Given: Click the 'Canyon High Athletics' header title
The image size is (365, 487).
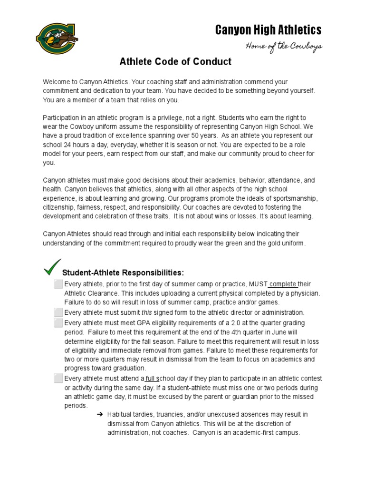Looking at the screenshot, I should (268, 30).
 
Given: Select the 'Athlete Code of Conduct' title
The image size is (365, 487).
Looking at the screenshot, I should (175, 61).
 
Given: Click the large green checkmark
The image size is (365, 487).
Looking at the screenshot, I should (52, 267).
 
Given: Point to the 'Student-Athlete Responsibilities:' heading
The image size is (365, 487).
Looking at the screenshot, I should (123, 273).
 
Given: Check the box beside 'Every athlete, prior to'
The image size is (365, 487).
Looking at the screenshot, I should (58, 284).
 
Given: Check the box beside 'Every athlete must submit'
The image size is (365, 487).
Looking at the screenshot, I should (58, 312).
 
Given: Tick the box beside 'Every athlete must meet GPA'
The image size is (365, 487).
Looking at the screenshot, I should (58, 322).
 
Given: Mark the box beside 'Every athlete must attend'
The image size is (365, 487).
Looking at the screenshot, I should (58, 379).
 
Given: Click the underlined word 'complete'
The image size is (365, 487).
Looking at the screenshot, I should (283, 284).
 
